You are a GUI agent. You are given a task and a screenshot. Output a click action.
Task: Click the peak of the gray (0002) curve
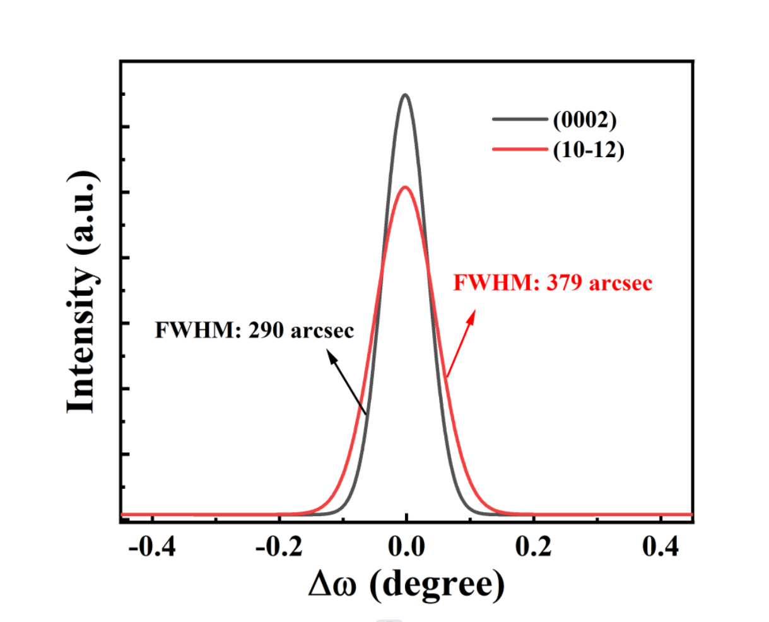click(x=405, y=95)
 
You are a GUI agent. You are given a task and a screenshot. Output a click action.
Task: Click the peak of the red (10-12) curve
click(x=405, y=187)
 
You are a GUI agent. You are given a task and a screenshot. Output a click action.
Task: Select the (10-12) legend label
click(x=589, y=150)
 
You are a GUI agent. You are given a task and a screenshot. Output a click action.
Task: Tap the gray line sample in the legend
click(x=519, y=119)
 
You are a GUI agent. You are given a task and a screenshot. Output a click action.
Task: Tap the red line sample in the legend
click(x=519, y=150)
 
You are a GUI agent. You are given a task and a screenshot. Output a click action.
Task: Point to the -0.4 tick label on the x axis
click(x=152, y=546)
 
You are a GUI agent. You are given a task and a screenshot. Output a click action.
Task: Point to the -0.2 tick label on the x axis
click(x=279, y=546)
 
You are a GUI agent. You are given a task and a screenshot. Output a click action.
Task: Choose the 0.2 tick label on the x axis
click(x=534, y=546)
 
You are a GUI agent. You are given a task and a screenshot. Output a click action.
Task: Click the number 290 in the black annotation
click(x=264, y=330)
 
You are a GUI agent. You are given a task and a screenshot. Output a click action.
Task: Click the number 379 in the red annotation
click(x=563, y=283)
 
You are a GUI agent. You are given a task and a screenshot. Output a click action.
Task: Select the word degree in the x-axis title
click(x=437, y=584)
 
